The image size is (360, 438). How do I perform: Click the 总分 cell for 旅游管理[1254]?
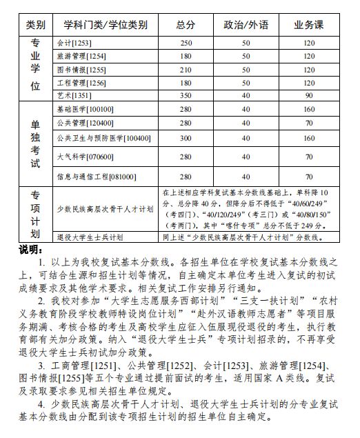[x=185, y=56]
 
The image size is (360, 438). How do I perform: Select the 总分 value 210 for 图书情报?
[x=185, y=70]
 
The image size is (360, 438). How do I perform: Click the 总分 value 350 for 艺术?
[x=185, y=96]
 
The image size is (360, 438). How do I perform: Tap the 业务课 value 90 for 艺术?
[x=308, y=96]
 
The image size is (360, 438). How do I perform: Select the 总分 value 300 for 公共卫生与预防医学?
[x=185, y=139]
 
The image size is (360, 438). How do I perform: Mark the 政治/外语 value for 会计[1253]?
[x=246, y=43]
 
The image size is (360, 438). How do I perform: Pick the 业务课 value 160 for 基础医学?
[x=308, y=110]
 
